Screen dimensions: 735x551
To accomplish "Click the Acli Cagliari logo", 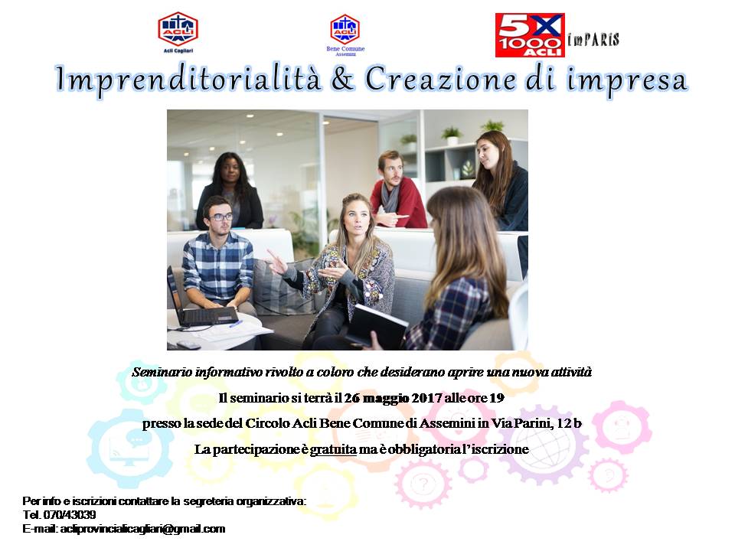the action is [178, 32].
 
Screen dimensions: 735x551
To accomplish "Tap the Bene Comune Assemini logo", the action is [345, 34].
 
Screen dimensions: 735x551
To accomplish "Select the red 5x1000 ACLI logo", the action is [530, 35].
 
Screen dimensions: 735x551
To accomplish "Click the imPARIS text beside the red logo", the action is [593, 39].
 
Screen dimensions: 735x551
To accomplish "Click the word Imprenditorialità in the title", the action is [188, 79].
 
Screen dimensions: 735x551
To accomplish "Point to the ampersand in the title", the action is [343, 78].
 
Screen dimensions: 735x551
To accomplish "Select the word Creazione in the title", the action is [440, 78].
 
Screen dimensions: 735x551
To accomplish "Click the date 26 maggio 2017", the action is [393, 398].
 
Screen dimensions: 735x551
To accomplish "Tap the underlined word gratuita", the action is [333, 449].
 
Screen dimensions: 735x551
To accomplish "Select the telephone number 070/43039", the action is [70, 515].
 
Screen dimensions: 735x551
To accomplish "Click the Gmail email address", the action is [142, 529].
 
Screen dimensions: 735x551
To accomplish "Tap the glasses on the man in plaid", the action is [221, 217].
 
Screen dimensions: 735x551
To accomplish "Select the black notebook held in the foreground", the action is [377, 325].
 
